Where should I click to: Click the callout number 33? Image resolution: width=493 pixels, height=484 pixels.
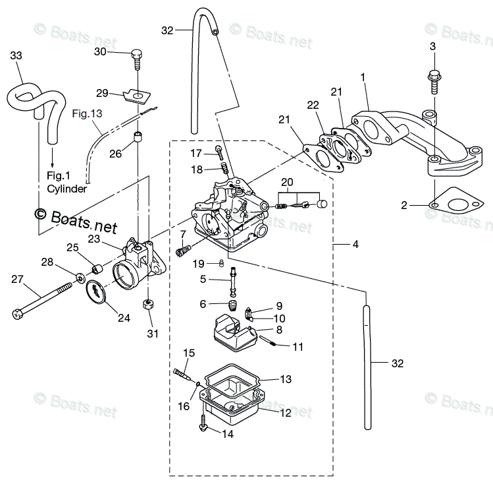[x=16, y=56]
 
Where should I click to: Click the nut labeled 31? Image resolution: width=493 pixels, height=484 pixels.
[x=149, y=306]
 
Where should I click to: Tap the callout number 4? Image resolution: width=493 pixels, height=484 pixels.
[x=355, y=245]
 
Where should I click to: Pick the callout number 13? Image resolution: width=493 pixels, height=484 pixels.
[x=285, y=379]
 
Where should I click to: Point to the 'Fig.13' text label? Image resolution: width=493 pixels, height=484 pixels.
[x=87, y=113]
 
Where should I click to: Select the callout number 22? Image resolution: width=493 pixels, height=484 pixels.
[x=312, y=106]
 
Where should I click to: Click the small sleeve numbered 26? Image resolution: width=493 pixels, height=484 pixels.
[x=137, y=138]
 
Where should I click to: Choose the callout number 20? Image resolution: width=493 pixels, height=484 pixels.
[x=286, y=182]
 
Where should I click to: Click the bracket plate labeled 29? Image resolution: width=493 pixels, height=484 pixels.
[x=137, y=96]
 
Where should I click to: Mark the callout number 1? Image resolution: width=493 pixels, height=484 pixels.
[x=362, y=78]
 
